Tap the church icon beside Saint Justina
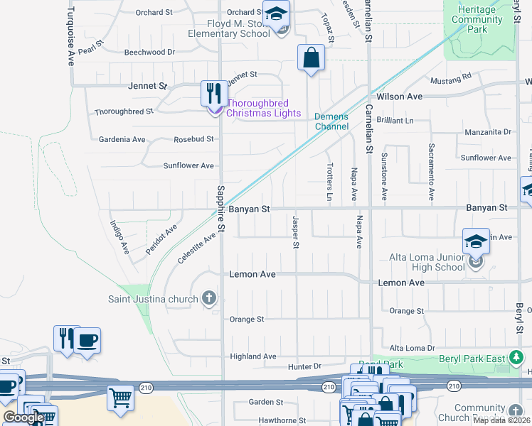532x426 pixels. point(209,298)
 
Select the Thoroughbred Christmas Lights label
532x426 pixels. point(263,108)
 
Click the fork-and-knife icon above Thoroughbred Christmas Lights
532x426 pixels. point(213,93)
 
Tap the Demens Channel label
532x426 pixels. point(332,121)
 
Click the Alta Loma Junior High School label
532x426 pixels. point(427,262)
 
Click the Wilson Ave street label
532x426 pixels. point(400,97)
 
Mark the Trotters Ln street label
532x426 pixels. point(329,180)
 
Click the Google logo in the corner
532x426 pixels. point(23,417)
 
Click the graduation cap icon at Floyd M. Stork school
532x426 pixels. point(275,13)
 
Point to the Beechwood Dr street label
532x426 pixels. point(149,53)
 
